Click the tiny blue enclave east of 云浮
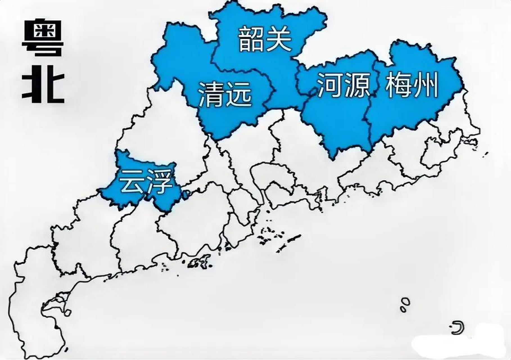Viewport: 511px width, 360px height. click(186, 194)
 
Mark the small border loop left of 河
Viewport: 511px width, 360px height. click(312, 92)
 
